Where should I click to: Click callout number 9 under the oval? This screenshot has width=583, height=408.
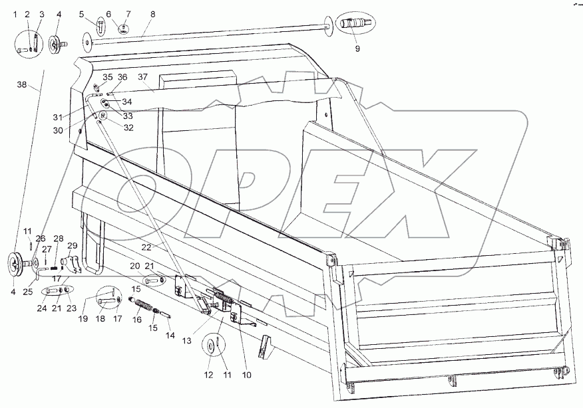[x=357, y=49]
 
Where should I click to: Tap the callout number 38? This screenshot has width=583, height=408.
[x=22, y=84]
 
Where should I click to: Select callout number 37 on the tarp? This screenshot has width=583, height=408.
[x=143, y=77]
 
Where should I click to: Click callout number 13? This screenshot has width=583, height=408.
[x=186, y=340]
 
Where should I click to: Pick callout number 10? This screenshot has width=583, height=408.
[x=246, y=375]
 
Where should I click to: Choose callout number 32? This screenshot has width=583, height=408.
[x=128, y=128]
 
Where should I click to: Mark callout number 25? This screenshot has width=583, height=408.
[x=28, y=292]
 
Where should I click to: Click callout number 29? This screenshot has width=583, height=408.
[x=72, y=245]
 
